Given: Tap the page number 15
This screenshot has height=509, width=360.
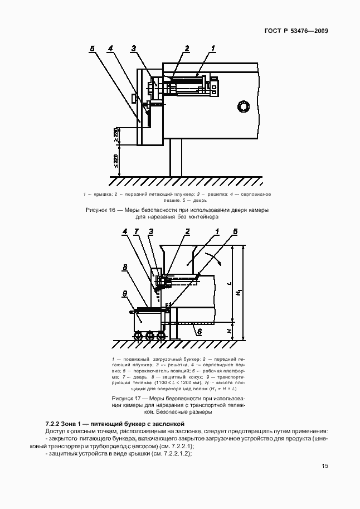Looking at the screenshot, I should click(x=324, y=467).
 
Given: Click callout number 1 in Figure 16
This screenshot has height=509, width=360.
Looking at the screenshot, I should click(x=213, y=49).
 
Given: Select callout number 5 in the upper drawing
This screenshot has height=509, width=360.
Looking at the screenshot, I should click(x=92, y=49).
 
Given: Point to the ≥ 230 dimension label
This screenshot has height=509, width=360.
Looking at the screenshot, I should click(x=115, y=136).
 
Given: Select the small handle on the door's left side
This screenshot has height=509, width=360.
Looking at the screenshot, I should click(x=133, y=98).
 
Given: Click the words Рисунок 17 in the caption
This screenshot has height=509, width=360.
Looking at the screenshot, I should click(x=128, y=399).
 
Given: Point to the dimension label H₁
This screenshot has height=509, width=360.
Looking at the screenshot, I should click(x=239, y=292).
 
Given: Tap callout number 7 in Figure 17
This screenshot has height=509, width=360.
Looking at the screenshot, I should click(x=137, y=231).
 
